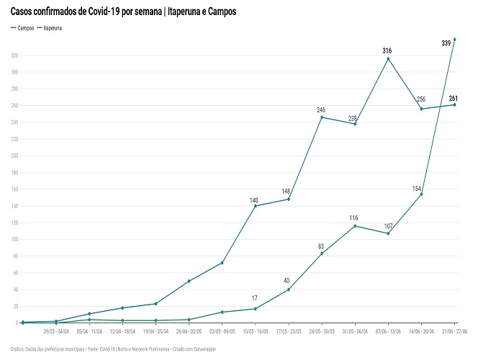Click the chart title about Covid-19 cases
tap(123, 12)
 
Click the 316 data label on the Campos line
tap(387, 50)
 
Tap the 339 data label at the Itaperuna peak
tap(446, 43)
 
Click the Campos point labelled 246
tap(321, 117)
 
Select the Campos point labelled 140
tap(255, 206)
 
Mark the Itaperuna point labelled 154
tap(421, 194)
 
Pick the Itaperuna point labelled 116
tap(355, 226)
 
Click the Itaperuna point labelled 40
tap(288, 289)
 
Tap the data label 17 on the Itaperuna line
tap(254, 298)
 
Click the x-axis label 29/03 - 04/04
tap(57, 332)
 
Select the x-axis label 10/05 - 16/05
tap(256, 332)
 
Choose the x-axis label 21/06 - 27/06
tap(454, 332)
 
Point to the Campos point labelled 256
tap(421, 109)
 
